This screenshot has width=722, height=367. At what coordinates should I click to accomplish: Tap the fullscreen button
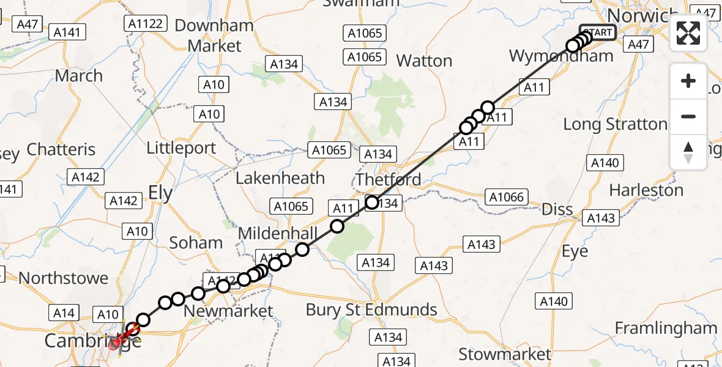click(688, 33)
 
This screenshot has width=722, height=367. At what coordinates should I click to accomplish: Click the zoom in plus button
click(688, 81)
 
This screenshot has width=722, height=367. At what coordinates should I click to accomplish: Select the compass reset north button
click(688, 152)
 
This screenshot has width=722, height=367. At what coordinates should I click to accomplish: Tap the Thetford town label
click(389, 179)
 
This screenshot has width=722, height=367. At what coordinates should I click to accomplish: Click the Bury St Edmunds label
click(371, 310)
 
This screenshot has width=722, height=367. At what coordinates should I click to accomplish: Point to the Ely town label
click(160, 194)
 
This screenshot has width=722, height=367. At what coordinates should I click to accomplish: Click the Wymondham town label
click(561, 56)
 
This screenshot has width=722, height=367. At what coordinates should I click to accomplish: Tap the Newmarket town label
click(228, 311)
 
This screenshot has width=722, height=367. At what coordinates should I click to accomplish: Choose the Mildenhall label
click(278, 233)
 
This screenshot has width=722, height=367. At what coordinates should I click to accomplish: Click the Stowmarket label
click(505, 354)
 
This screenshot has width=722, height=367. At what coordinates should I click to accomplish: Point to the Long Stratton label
click(615, 124)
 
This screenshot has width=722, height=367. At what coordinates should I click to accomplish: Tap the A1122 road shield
click(146, 24)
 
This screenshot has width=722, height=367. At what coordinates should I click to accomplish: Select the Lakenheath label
click(280, 178)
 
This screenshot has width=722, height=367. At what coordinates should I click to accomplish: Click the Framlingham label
click(666, 328)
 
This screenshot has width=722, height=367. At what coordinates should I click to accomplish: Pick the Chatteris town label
click(61, 149)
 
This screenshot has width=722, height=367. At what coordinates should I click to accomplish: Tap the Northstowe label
click(64, 278)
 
